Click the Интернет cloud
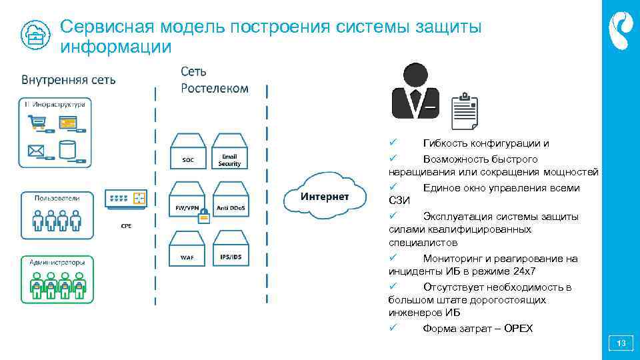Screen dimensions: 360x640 pyautogui.click(x=324, y=195)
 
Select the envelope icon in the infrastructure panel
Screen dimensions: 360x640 pyautogui.click(x=36, y=150)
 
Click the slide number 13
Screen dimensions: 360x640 pyautogui.click(x=621, y=344)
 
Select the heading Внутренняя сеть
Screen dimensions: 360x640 pyautogui.click(x=68, y=80)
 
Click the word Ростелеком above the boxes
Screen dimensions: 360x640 pyautogui.click(x=215, y=89)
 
